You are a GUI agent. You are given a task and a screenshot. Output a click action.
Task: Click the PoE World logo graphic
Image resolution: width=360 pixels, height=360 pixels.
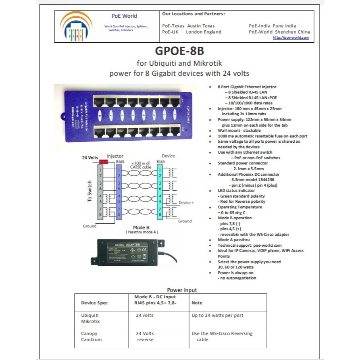(x=76, y=27)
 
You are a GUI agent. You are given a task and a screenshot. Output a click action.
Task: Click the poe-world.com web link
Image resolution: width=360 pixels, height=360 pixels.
(x=291, y=37)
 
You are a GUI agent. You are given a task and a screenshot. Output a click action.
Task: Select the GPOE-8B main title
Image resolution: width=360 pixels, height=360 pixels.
(x=179, y=52)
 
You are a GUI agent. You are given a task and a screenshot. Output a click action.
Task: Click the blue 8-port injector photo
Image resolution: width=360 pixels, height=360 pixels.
(x=126, y=115)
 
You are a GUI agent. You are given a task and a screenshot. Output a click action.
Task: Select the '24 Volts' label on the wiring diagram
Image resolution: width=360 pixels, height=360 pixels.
(x=90, y=157)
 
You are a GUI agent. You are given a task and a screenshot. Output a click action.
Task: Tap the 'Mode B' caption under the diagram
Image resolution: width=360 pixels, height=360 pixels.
(x=142, y=227)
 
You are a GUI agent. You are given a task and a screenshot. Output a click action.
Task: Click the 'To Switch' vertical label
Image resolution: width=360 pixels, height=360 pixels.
(x=90, y=191)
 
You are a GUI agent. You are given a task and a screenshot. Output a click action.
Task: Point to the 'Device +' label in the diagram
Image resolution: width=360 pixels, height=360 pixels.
(x=187, y=203)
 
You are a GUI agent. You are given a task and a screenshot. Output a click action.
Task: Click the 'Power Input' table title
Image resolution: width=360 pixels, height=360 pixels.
(x=182, y=290)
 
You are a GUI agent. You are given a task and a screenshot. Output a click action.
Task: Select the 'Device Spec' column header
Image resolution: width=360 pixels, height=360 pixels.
(x=94, y=303)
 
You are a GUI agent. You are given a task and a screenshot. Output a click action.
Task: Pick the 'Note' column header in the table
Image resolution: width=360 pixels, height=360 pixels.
(x=197, y=303)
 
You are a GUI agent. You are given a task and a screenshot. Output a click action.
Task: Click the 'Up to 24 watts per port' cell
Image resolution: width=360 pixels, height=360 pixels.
(x=217, y=315)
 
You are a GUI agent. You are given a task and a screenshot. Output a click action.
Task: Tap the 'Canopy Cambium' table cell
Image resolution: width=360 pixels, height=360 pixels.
(x=91, y=336)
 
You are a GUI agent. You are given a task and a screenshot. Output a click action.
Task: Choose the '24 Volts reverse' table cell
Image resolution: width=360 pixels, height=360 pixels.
(x=145, y=336)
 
